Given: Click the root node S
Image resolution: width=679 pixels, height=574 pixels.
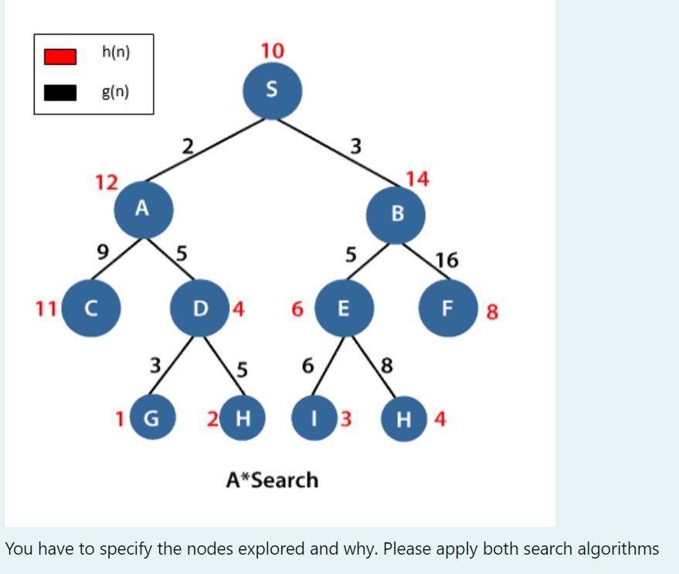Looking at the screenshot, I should click(x=272, y=90).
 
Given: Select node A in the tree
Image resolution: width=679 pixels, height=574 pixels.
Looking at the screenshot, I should click(x=143, y=209).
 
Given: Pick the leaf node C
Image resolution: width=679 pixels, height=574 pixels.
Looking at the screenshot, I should click(x=90, y=309).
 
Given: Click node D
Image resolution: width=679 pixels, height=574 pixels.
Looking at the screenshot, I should click(x=200, y=309).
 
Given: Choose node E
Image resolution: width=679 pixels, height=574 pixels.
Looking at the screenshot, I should click(x=345, y=309).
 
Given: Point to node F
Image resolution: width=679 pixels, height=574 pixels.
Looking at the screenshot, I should click(x=447, y=309).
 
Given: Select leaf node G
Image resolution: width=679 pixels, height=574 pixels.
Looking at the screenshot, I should click(x=152, y=419).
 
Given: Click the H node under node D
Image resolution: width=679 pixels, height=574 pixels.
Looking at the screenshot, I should click(x=242, y=419).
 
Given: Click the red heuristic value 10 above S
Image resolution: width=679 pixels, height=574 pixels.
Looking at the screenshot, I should click(x=272, y=51).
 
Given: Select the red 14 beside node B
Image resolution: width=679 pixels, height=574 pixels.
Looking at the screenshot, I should click(x=416, y=179).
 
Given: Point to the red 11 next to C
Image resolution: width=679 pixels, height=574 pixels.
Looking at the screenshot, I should click(x=46, y=309).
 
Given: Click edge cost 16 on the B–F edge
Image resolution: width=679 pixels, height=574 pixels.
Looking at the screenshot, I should click(x=446, y=260).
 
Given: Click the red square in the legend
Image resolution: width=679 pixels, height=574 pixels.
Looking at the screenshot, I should click(x=59, y=56).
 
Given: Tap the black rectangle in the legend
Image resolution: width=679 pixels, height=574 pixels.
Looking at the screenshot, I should click(x=59, y=93).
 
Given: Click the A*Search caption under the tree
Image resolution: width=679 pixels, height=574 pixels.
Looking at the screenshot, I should click(x=272, y=480).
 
